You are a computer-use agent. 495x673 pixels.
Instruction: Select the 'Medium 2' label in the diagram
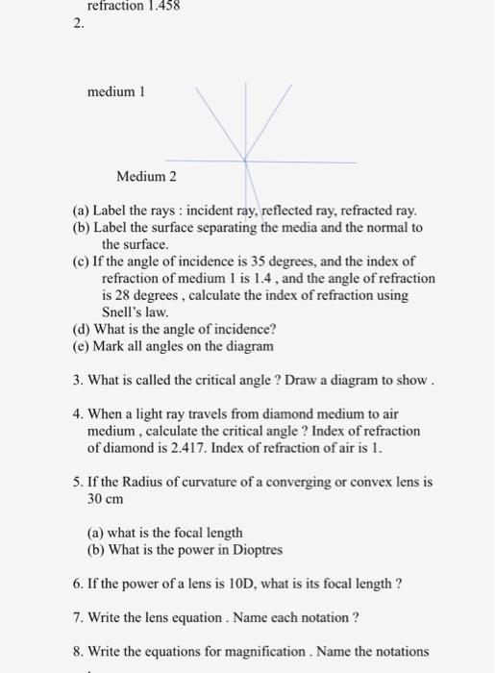click(146, 176)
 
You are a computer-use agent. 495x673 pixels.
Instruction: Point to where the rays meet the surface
click(245, 160)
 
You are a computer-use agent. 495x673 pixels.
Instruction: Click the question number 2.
click(78, 26)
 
